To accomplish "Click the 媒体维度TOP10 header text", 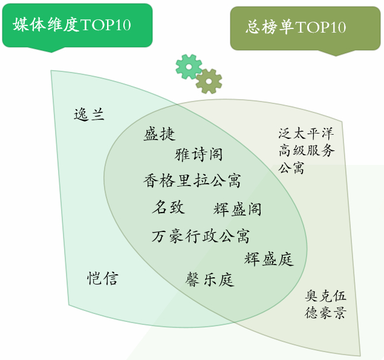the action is [x=72, y=24].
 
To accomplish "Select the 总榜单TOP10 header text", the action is [x=296, y=27].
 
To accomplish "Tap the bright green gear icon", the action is [x=189, y=66].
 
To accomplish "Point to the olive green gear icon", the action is [x=209, y=81].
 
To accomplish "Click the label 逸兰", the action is [x=89, y=114].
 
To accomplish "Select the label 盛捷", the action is [x=160, y=134].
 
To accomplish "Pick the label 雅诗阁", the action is [x=198, y=155].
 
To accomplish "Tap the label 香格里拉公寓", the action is [x=192, y=181].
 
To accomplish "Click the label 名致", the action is [x=169, y=207].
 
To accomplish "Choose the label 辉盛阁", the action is [x=237, y=210].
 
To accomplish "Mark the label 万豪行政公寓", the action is [x=201, y=236].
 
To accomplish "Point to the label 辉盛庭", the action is [x=269, y=259].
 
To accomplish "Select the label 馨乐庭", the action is [x=210, y=279].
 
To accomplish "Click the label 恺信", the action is [x=103, y=278].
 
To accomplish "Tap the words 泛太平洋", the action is [x=306, y=133].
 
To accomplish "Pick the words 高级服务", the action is [x=307, y=150].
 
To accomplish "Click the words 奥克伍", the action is [x=325, y=296].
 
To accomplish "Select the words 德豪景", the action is [x=325, y=312].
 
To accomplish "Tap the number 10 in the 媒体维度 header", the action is [x=123, y=25].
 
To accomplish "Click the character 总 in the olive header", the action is [x=253, y=27].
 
